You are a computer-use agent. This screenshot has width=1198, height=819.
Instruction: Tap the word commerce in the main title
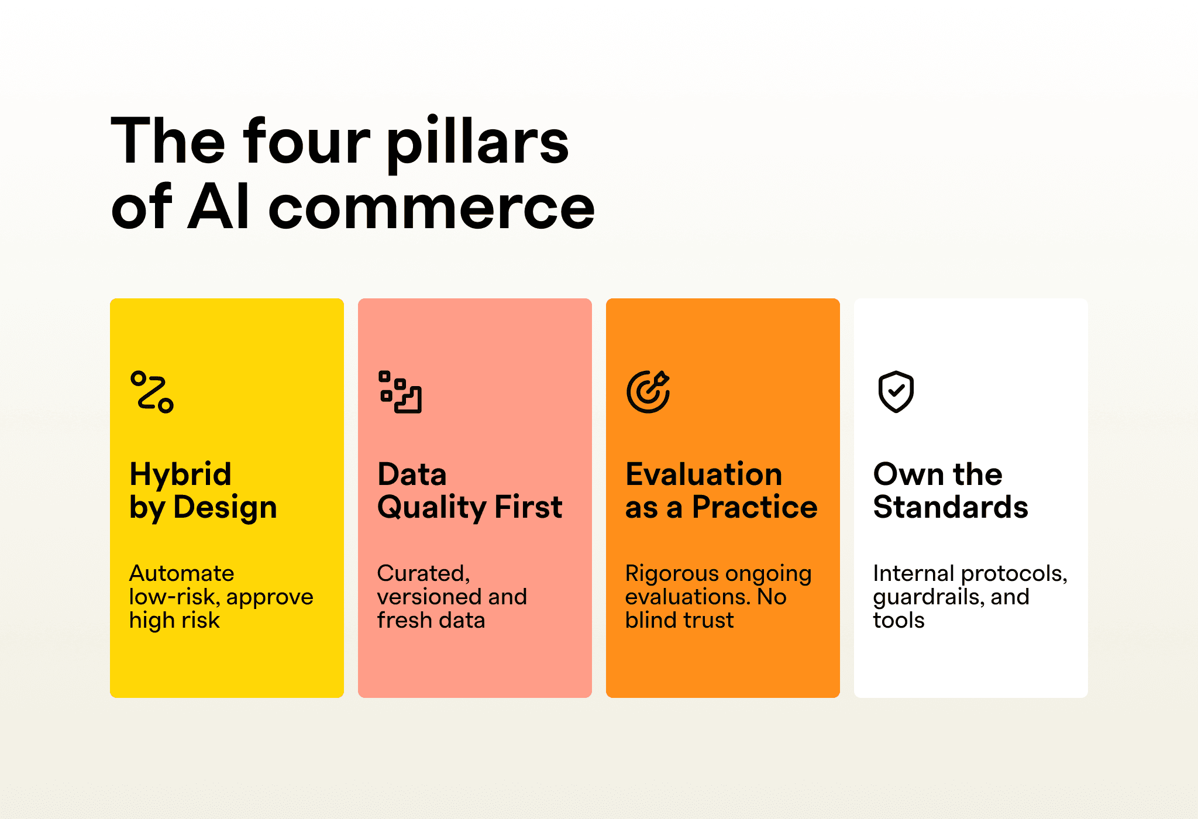coord(431,208)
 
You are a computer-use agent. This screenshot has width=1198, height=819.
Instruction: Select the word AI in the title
coord(219,207)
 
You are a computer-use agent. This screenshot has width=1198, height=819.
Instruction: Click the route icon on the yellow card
coord(152,392)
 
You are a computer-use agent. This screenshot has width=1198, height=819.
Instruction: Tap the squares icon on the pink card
coord(400,392)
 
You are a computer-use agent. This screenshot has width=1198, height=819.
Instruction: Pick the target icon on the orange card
coord(648,392)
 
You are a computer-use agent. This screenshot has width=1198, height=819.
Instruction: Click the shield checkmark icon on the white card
coord(896,392)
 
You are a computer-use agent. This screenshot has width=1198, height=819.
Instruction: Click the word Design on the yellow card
coord(225,508)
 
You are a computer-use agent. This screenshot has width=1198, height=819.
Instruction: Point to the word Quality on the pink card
coord(432,508)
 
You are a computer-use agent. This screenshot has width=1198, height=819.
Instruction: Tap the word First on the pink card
coord(528,507)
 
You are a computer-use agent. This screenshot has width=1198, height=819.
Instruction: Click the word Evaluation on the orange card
coord(704,474)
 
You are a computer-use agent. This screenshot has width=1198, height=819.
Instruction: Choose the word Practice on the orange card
coord(755,507)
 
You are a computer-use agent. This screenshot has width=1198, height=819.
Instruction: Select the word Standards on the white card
coord(951,507)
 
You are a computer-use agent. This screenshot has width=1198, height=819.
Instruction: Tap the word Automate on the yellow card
coord(182,573)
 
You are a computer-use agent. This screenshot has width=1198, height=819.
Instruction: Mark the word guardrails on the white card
coord(929,598)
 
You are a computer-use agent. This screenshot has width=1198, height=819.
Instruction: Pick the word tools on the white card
coord(899,620)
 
